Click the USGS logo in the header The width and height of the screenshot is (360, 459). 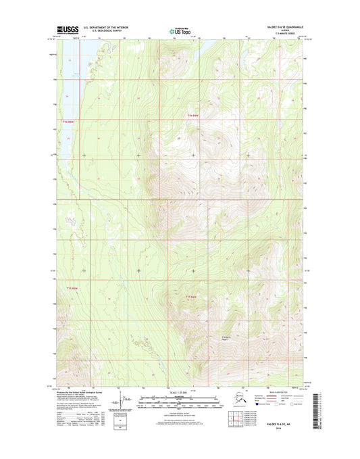click(66, 30)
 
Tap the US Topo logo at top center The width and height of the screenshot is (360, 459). click(180, 30)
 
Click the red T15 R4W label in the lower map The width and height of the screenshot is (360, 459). click(190, 296)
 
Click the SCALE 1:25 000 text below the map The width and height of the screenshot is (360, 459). click(179, 391)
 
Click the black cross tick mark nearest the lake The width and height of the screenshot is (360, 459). click(84, 155)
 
